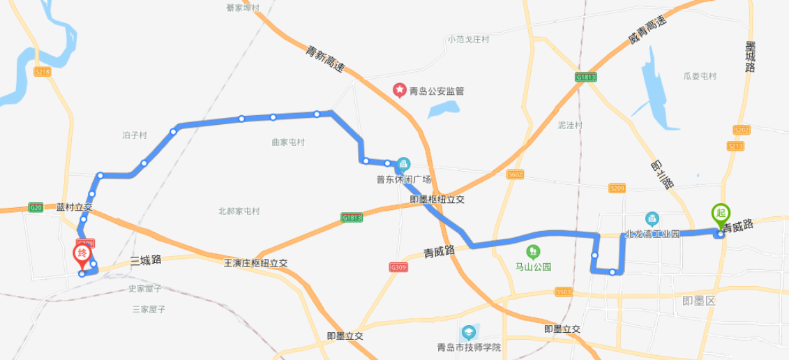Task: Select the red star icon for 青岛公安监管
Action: (399, 90)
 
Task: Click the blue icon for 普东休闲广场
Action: (403, 165)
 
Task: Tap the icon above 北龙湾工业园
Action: (652, 218)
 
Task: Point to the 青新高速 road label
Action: (325, 59)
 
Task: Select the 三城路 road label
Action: (146, 260)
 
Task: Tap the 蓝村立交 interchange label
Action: (74, 207)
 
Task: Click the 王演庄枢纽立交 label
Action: (255, 263)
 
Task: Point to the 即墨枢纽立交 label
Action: (437, 200)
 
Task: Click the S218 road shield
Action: (43, 71)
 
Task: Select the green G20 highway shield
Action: (36, 207)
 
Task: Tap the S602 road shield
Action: (516, 174)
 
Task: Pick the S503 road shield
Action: (564, 292)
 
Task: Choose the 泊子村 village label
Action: (134, 135)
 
